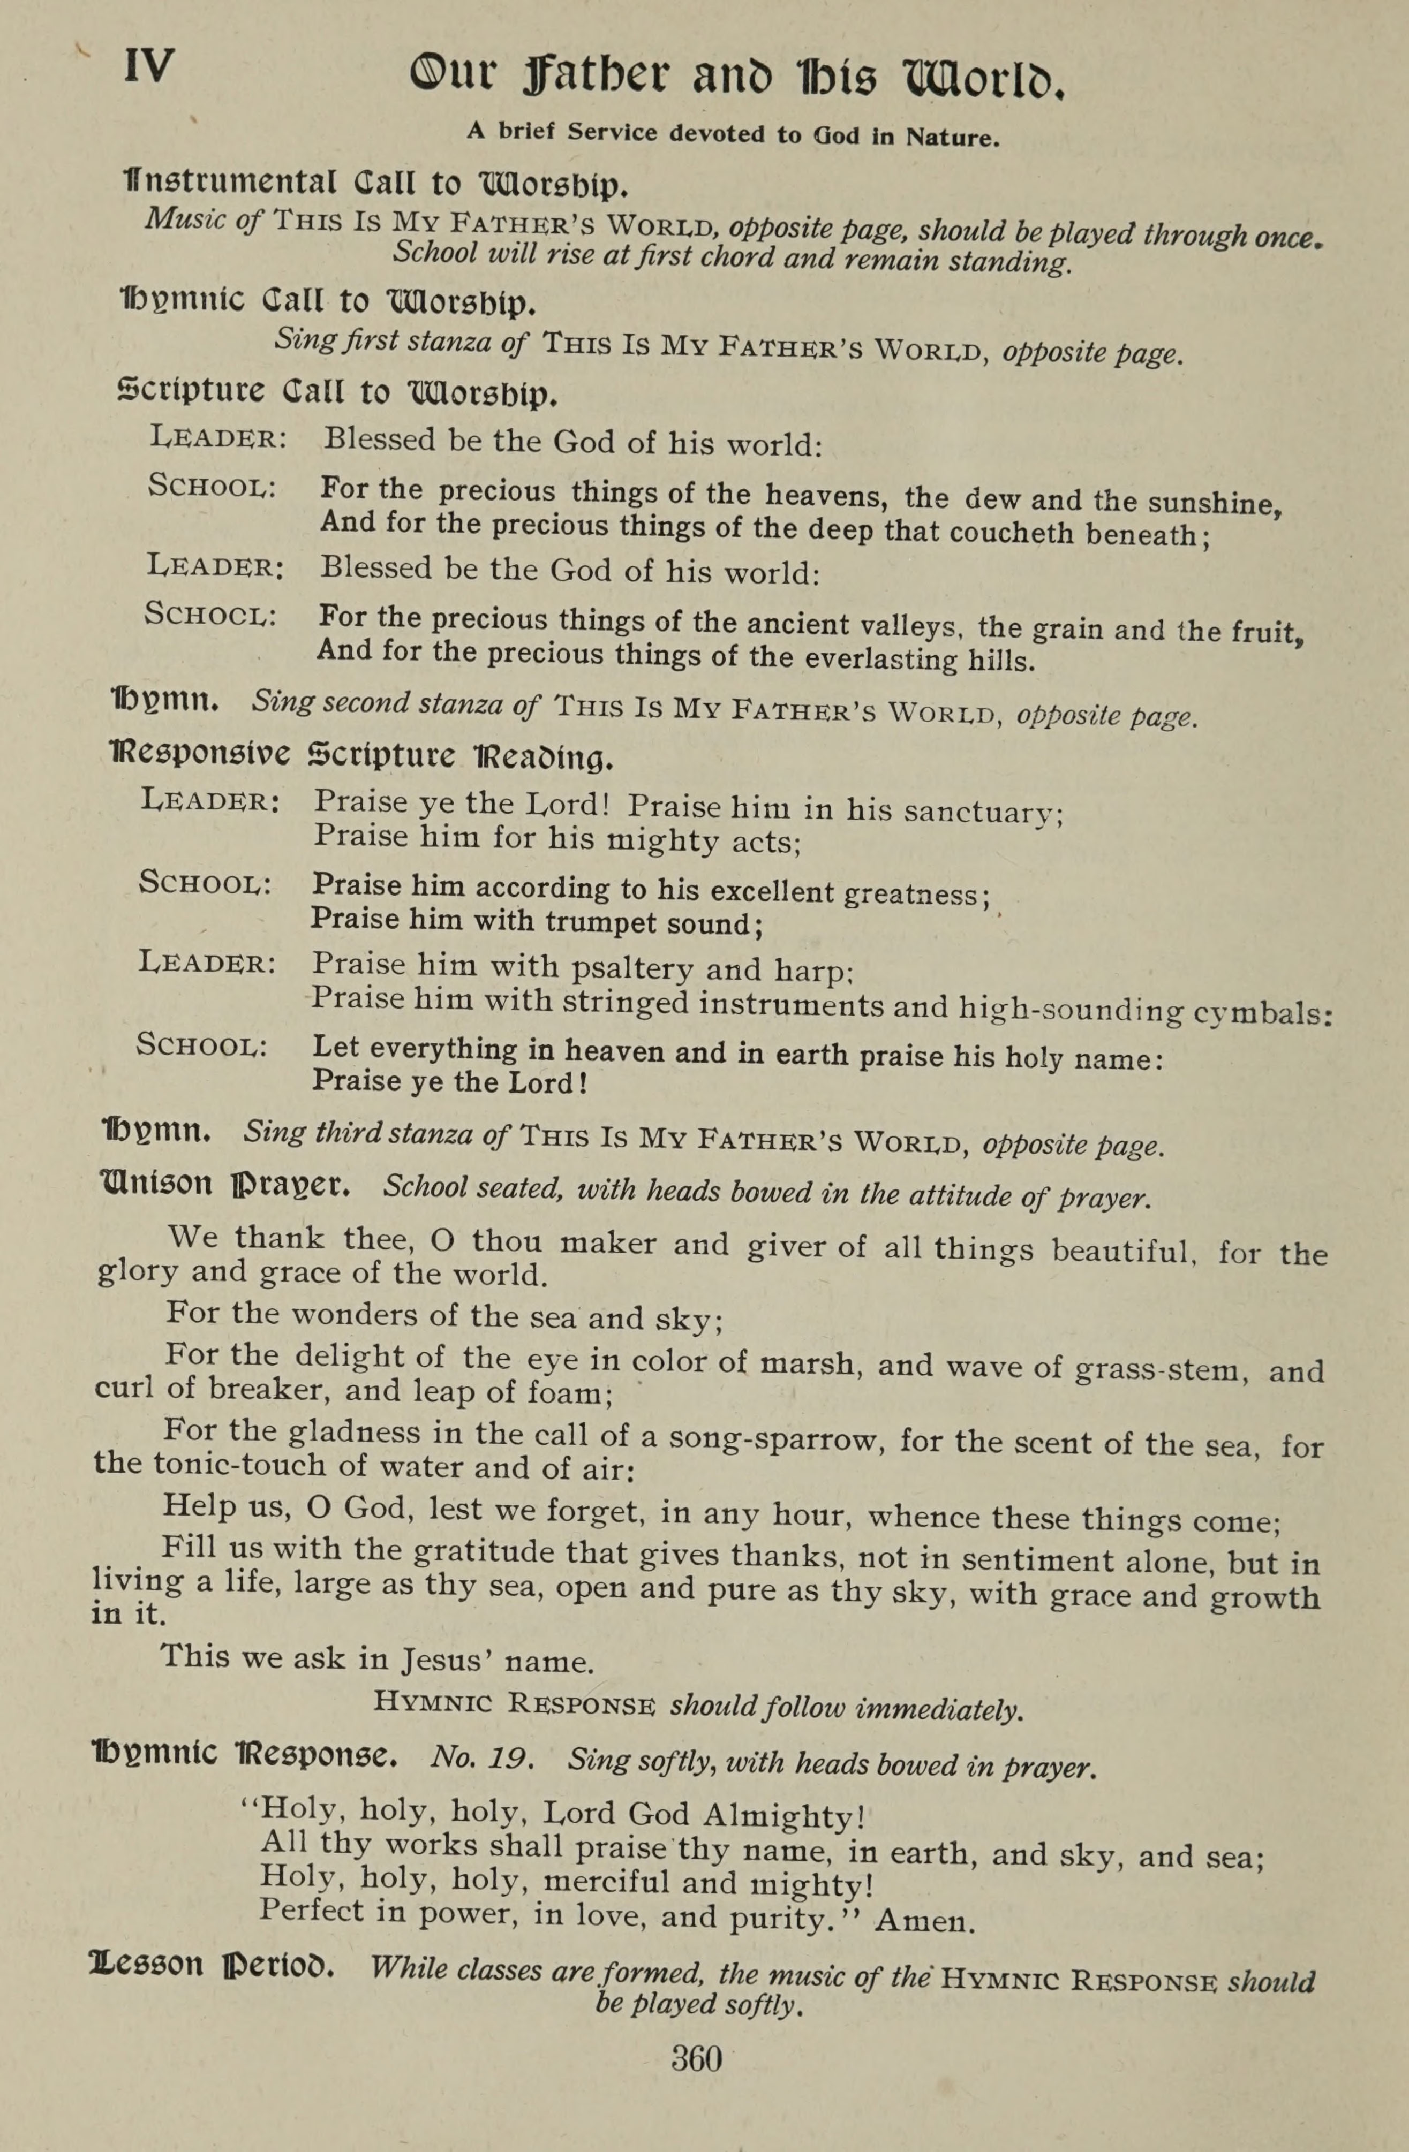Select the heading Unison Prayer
[x=225, y=1184]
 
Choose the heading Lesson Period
[x=216, y=1965]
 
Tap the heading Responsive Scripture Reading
[x=361, y=755]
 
